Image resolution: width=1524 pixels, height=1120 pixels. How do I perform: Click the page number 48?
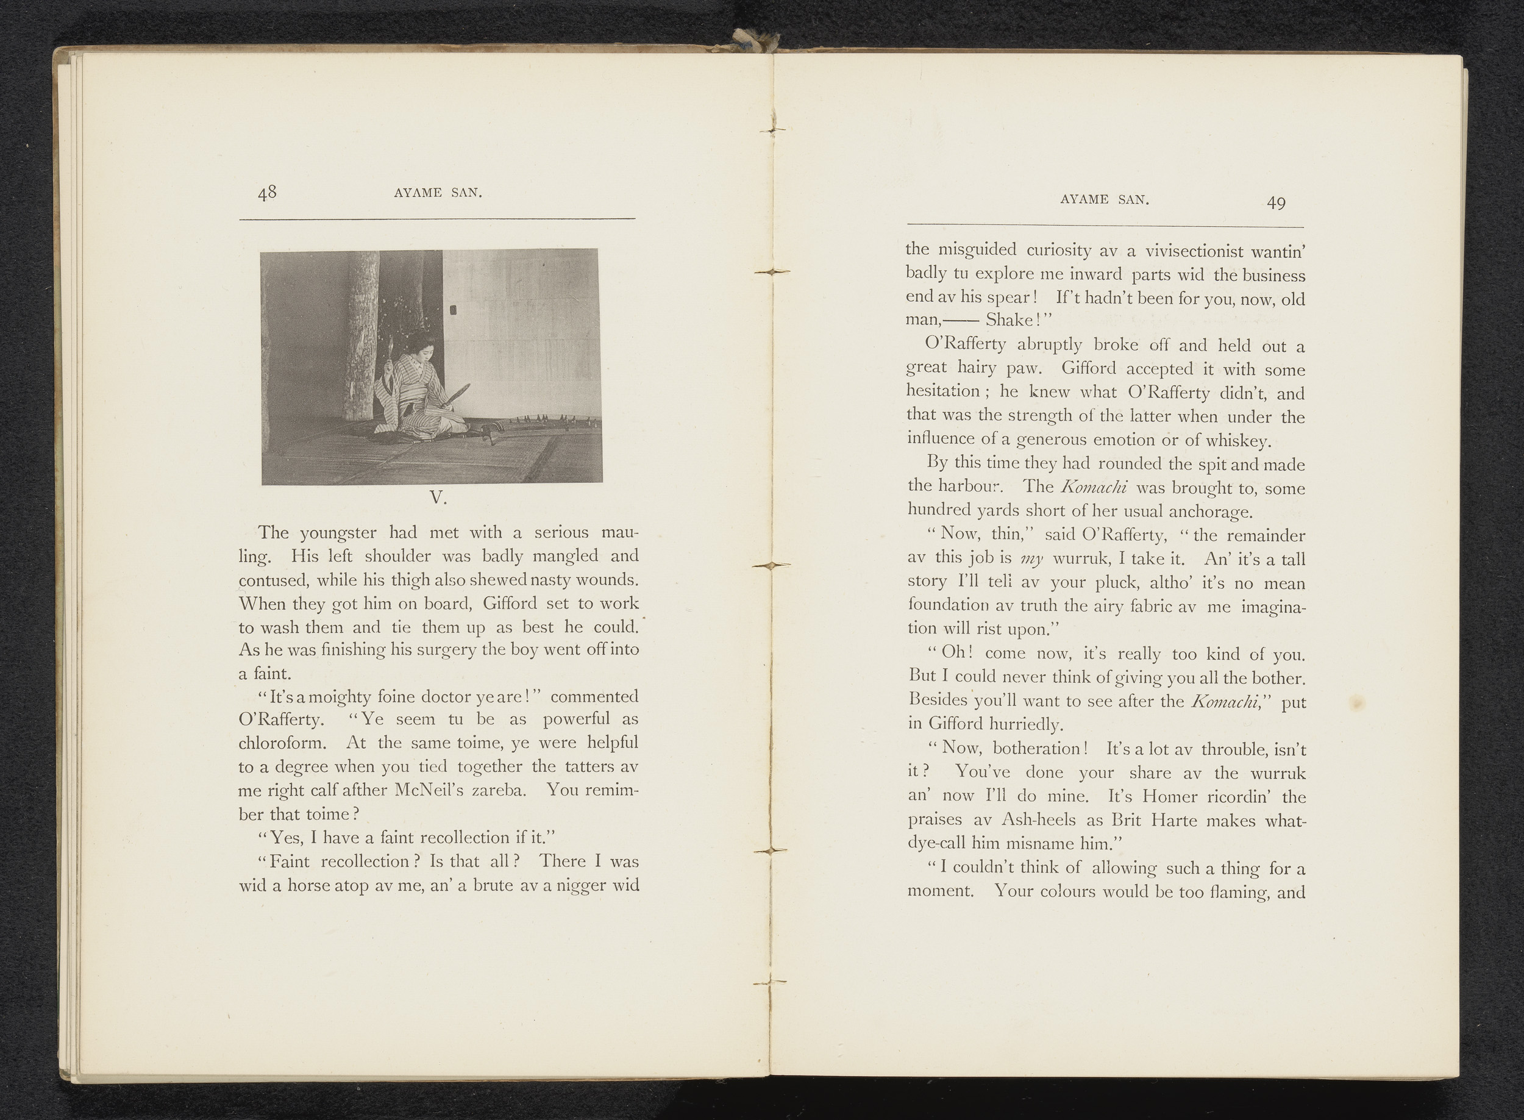coord(266,193)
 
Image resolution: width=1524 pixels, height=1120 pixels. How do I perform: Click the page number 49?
coord(1276,202)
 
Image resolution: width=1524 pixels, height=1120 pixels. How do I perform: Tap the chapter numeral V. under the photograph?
coord(437,498)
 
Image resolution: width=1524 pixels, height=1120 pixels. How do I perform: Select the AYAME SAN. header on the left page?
coord(438,193)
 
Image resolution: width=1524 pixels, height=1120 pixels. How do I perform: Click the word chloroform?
coord(283,743)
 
